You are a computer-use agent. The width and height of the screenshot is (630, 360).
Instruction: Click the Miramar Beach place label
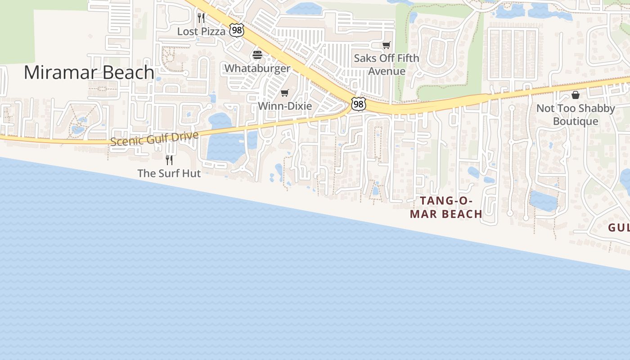pyautogui.click(x=89, y=72)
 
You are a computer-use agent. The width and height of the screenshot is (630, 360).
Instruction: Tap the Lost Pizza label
pyautogui.click(x=201, y=31)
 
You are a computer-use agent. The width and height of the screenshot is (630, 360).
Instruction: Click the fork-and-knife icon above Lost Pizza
pyautogui.click(x=201, y=18)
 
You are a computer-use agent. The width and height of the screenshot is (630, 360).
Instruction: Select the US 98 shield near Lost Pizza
pyautogui.click(x=236, y=30)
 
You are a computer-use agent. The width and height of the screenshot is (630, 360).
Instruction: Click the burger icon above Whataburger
pyautogui.click(x=257, y=55)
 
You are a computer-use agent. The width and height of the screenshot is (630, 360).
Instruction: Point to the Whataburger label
pyautogui.click(x=257, y=68)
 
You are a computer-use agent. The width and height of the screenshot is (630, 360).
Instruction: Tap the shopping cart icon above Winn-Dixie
pyautogui.click(x=284, y=93)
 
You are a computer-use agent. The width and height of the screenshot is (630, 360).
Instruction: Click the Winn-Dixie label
pyautogui.click(x=284, y=106)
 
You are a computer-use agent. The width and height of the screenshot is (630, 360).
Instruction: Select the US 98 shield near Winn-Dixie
pyautogui.click(x=358, y=104)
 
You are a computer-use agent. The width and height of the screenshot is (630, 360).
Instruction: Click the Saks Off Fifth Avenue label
pyautogui.click(x=387, y=64)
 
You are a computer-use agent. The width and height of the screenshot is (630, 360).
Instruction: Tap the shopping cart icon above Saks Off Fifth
pyautogui.click(x=386, y=45)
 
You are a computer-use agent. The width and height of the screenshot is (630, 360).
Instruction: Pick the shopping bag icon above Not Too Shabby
pyautogui.click(x=575, y=95)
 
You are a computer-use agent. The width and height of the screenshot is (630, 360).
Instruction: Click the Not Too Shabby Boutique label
pyautogui.click(x=575, y=115)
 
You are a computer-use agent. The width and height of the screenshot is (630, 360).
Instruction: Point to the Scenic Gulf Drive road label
pyautogui.click(x=154, y=138)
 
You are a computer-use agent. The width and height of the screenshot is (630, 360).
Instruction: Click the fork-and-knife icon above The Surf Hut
pyautogui.click(x=169, y=160)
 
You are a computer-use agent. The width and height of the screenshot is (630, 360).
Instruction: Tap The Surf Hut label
pyautogui.click(x=169, y=173)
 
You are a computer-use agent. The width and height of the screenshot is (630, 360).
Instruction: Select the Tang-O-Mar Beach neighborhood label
pyautogui.click(x=446, y=207)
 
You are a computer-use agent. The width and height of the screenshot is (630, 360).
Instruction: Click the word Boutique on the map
pyautogui.click(x=576, y=121)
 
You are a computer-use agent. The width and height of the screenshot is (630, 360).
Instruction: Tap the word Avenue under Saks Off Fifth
pyautogui.click(x=387, y=71)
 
